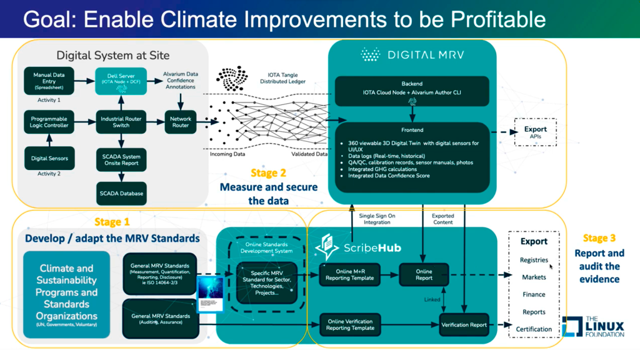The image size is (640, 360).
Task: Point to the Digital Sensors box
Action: pyautogui.click(x=49, y=158)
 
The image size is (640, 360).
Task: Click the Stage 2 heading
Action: pyautogui.click(x=268, y=172)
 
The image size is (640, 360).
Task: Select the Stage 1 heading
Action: pyautogui.click(x=112, y=221)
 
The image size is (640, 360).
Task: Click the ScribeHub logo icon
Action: pyautogui.click(x=327, y=247)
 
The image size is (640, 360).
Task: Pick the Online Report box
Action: pyautogui.click(x=424, y=275)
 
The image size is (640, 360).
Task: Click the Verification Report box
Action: pyautogui.click(x=464, y=325)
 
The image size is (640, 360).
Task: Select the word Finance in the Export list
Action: pyautogui.click(x=534, y=294)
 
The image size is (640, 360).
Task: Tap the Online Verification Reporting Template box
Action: pyautogui.click(x=350, y=324)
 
